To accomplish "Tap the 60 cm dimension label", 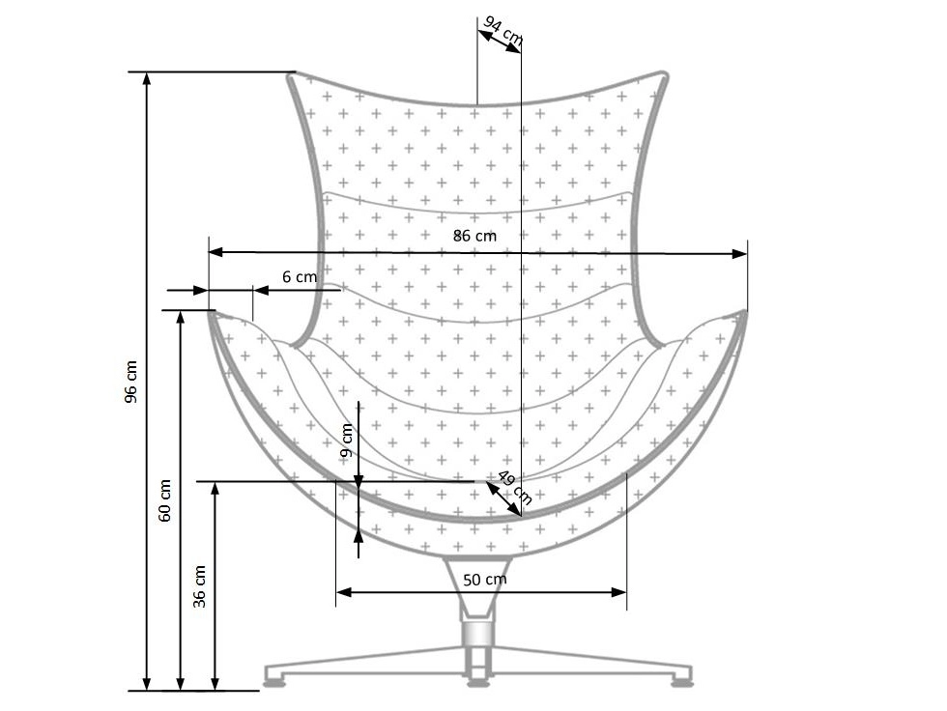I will (x=165, y=500).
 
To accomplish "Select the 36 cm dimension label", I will (x=200, y=585).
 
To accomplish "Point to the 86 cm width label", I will (x=474, y=235).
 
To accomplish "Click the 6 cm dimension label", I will (x=300, y=276).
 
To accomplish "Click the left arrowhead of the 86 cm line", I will (x=215, y=252).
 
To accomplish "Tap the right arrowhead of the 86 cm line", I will (x=740, y=254).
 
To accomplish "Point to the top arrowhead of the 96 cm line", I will (x=147, y=79).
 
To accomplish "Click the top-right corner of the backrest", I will (x=664, y=74).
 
